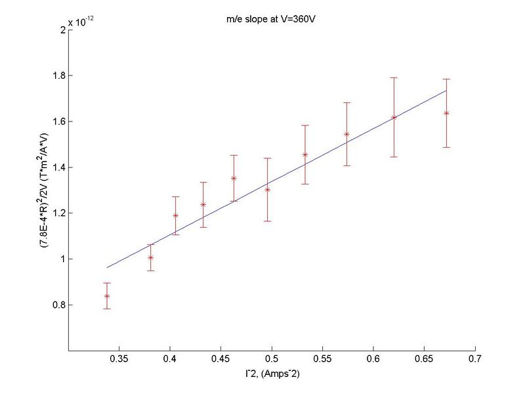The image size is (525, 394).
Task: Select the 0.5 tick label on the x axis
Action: point(271,359)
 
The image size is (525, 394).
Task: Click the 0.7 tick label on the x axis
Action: point(474,359)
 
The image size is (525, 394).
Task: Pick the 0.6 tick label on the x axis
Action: point(373,359)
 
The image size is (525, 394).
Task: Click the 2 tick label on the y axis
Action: point(60,30)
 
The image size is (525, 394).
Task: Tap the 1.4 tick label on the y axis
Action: point(57,167)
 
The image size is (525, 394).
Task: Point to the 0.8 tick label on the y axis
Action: point(57,305)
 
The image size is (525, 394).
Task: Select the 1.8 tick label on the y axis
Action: point(57,76)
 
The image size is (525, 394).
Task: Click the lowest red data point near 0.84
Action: point(106,296)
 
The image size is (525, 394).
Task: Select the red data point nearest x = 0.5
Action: point(267,190)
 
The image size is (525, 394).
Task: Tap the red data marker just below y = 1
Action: point(150,257)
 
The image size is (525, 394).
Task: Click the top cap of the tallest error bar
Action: point(394,77)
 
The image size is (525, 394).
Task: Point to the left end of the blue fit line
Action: point(107,267)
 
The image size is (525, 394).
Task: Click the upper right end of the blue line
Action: point(446,91)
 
